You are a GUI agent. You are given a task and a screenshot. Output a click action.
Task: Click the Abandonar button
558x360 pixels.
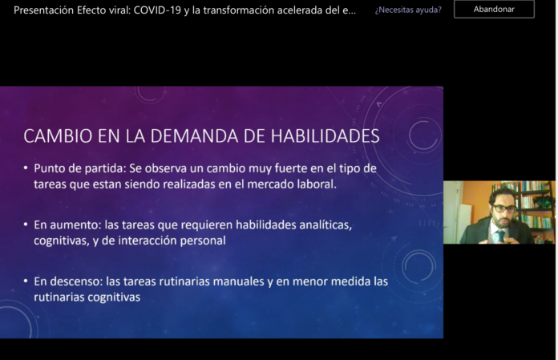tap(494, 10)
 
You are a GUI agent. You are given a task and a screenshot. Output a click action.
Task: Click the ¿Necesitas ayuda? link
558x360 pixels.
tap(408, 10)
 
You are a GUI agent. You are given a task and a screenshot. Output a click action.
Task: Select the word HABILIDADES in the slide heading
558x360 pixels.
tap(325, 136)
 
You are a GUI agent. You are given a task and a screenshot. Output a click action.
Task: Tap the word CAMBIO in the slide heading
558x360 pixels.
tap(58, 136)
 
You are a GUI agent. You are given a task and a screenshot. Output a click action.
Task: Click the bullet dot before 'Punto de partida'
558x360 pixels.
tap(26, 168)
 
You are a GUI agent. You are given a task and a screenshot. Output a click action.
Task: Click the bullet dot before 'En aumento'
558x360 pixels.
tap(26, 224)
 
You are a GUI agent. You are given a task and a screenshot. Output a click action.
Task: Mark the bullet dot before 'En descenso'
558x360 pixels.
tap(26, 281)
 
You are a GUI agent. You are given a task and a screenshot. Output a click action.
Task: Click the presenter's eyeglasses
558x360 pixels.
tap(504, 208)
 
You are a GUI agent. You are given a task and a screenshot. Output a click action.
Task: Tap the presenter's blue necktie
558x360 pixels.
tap(501, 236)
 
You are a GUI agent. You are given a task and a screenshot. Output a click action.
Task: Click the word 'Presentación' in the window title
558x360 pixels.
tap(43, 10)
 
